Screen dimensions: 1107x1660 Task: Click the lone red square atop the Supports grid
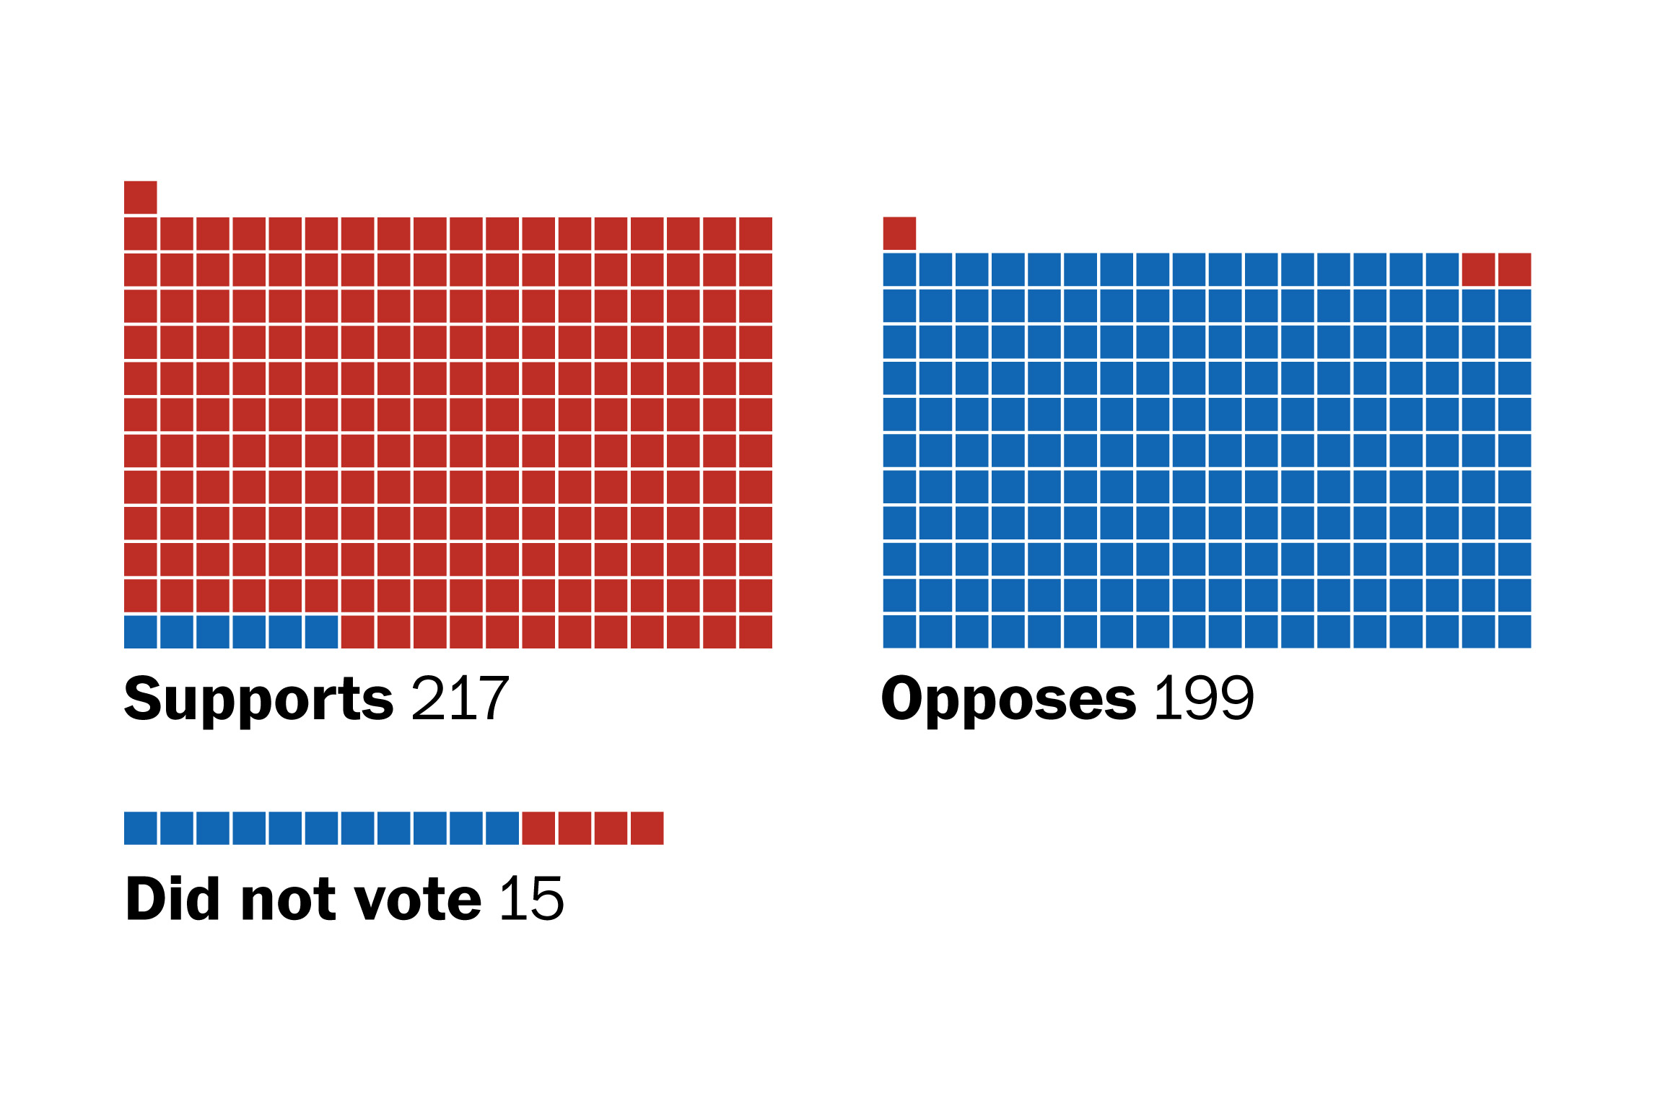coord(140,197)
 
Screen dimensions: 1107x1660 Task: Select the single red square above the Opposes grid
coord(899,233)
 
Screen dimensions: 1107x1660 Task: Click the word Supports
coord(258,698)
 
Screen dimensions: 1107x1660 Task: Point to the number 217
coord(460,698)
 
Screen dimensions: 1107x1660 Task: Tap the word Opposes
coord(1008,698)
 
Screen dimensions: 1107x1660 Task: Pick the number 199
coord(1204,698)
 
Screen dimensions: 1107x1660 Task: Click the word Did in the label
coord(172,898)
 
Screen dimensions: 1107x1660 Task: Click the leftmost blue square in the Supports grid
coord(140,632)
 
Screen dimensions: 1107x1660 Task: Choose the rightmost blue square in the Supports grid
coord(321,632)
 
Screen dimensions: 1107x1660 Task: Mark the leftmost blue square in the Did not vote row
coord(140,828)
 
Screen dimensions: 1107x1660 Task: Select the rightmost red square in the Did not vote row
coord(647,828)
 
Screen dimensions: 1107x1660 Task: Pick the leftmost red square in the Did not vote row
coord(538,828)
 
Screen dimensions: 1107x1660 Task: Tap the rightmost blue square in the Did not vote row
coord(502,828)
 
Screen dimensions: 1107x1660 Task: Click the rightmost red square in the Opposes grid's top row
coord(1514,269)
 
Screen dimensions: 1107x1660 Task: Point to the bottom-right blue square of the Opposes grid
coord(1514,632)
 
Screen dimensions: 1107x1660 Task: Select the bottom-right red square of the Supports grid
coord(756,632)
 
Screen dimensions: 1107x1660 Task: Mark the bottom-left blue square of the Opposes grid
coord(899,632)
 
